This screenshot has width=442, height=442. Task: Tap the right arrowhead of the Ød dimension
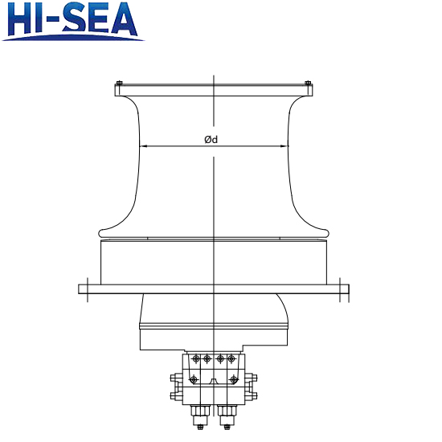(x=285, y=146)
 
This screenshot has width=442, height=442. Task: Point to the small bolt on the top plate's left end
(x=119, y=83)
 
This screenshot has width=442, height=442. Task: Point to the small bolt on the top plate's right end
(x=308, y=83)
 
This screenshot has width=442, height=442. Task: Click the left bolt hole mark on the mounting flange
(x=87, y=288)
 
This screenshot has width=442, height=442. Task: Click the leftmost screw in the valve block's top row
(x=195, y=358)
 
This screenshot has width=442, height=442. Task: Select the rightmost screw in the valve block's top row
(x=231, y=358)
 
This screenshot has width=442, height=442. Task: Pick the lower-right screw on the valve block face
(x=235, y=379)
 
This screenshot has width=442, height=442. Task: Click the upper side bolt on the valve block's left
(x=174, y=379)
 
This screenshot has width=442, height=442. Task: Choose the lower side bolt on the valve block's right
(x=252, y=395)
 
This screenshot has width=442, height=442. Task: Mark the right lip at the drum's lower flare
(x=326, y=231)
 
